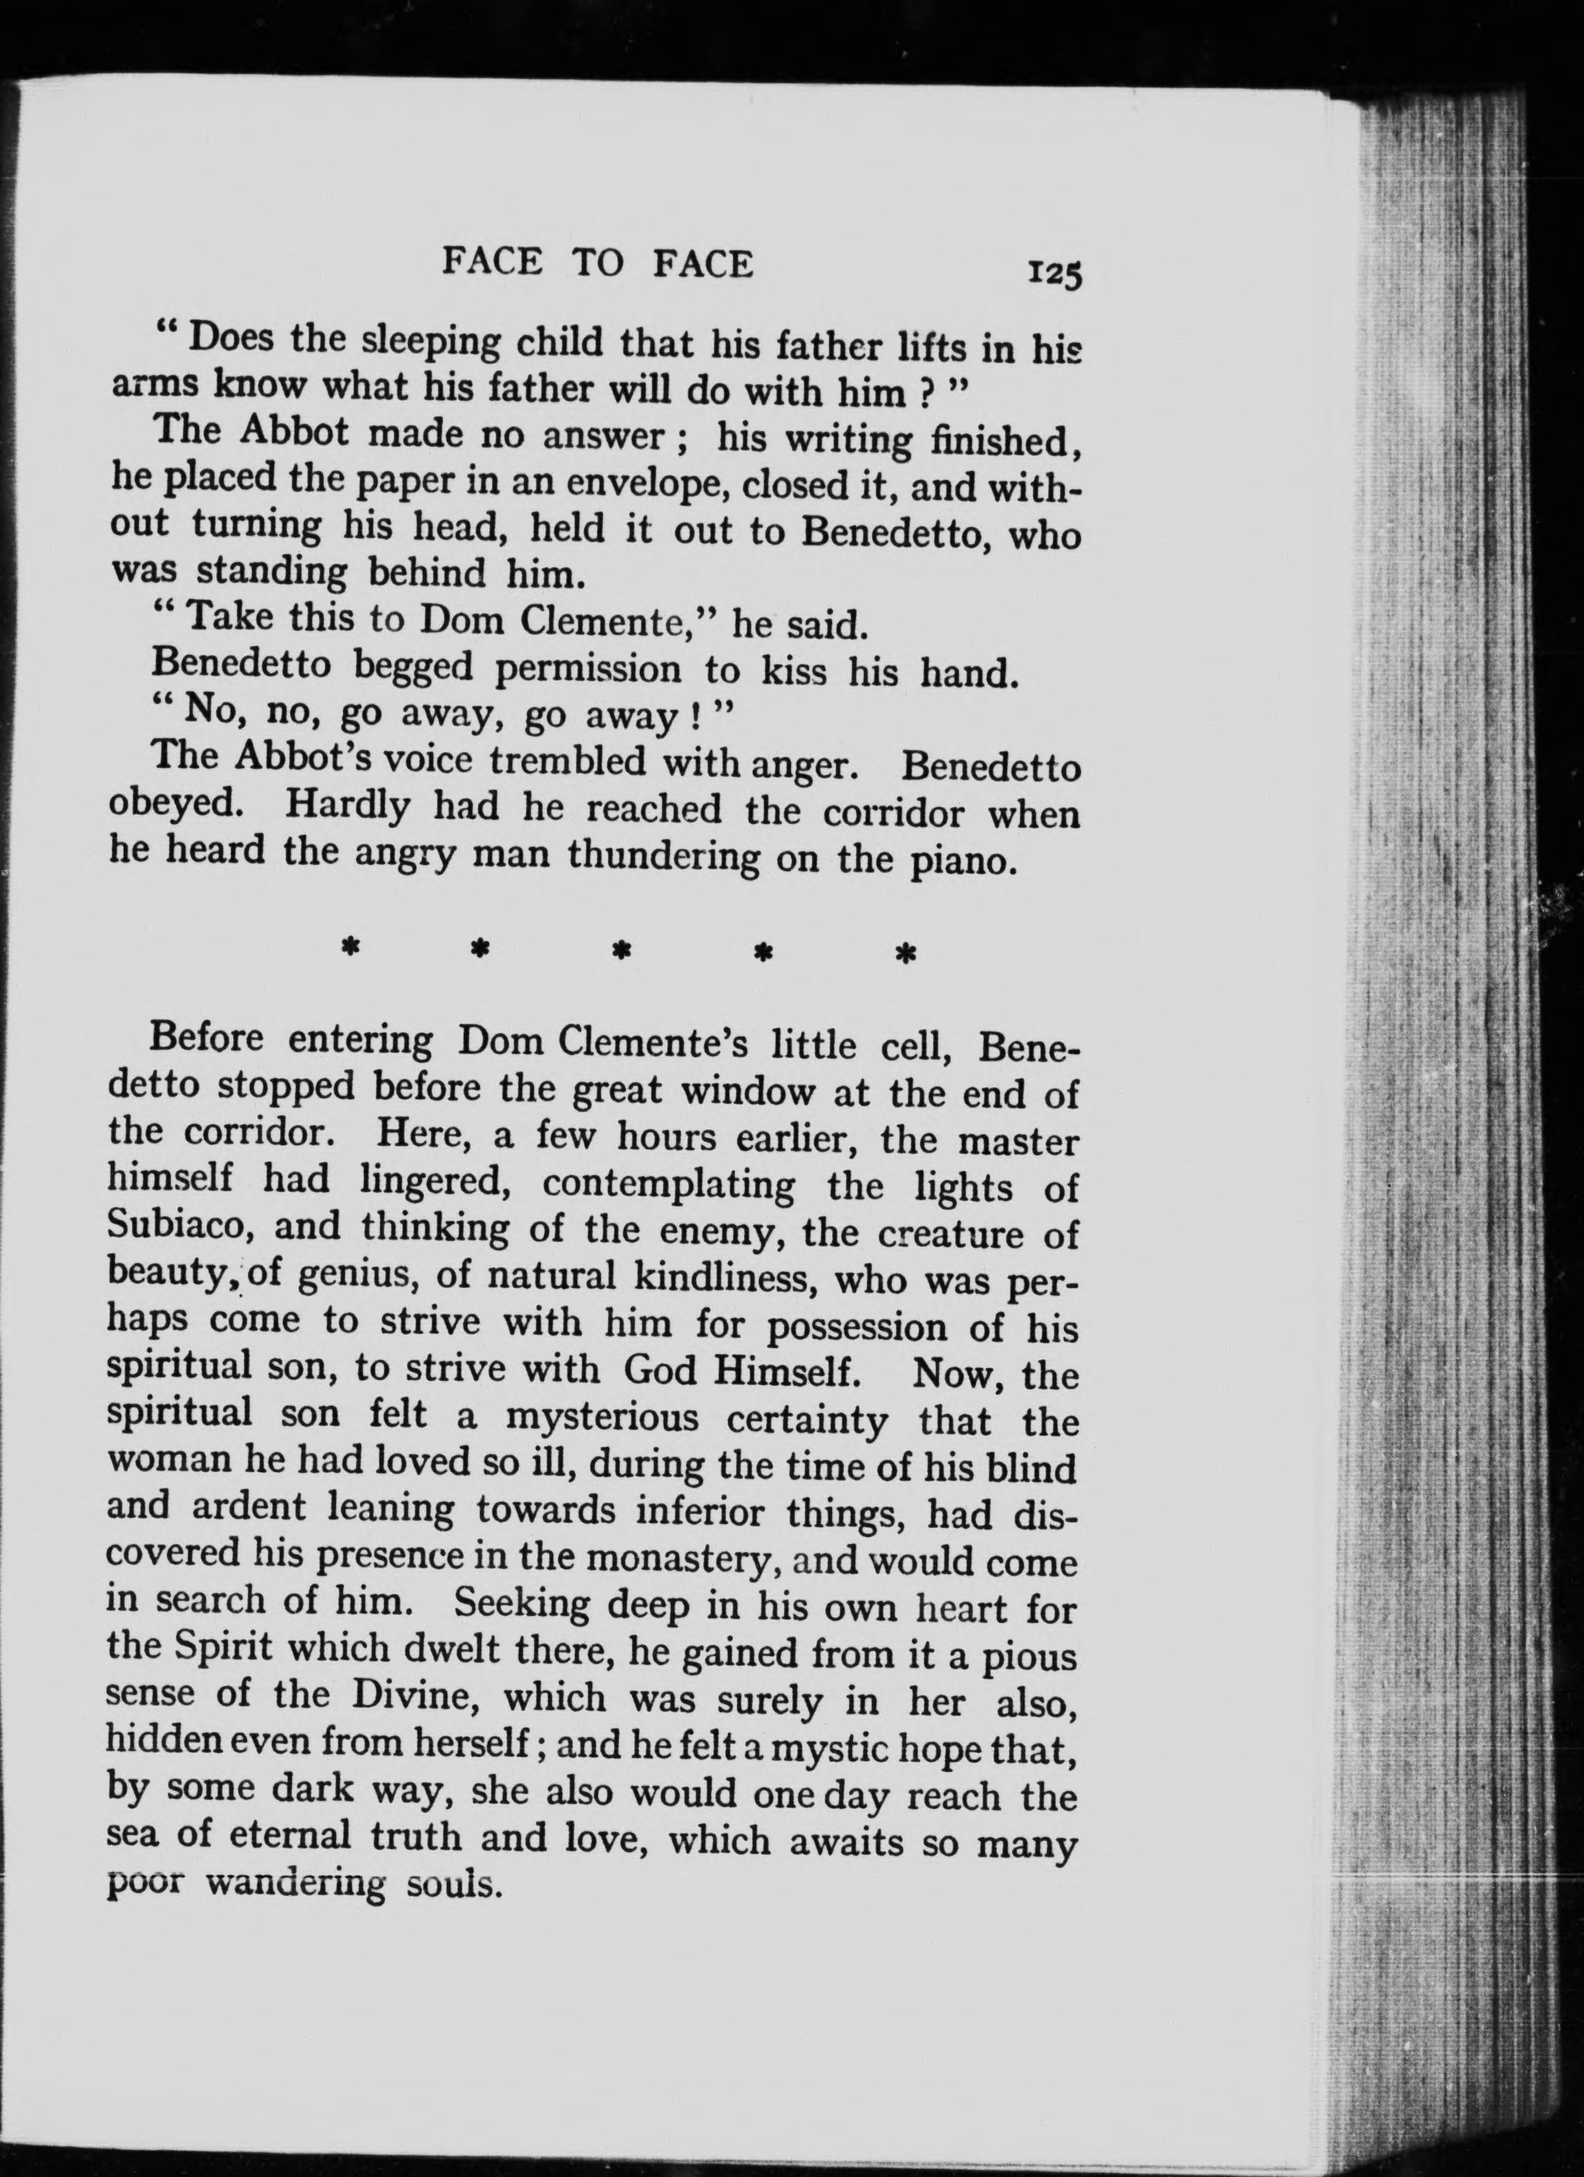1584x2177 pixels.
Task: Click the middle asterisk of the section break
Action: [622, 951]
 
